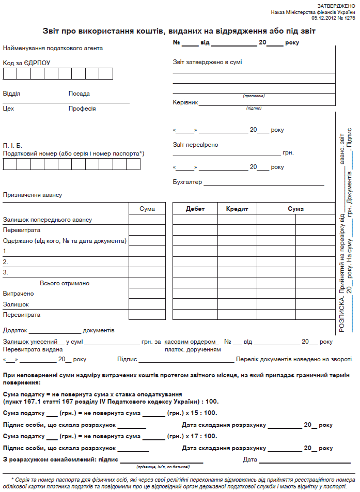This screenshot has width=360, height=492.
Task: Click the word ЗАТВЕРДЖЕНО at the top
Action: coord(338,5)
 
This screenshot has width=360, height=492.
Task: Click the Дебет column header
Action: coord(195,209)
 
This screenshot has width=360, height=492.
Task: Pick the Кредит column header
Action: coord(237,209)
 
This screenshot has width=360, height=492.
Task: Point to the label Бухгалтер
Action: coord(187,182)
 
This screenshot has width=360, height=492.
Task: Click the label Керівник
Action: coord(185,102)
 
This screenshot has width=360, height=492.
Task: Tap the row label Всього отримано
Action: coord(65,283)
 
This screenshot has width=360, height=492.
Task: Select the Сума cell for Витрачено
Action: coord(147,294)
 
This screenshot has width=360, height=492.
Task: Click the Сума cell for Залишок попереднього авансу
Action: coord(147,220)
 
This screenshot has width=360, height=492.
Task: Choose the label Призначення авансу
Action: coord(33,195)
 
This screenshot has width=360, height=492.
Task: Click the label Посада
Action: coord(79,94)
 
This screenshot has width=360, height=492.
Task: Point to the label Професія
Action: coord(82,109)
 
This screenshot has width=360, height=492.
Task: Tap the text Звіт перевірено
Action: coord(195,145)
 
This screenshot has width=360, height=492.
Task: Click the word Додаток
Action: coord(15,330)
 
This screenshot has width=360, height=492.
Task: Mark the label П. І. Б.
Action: coord(12,146)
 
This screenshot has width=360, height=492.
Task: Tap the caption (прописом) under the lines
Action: coord(254,96)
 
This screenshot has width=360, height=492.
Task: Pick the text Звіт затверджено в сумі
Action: coord(207,62)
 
